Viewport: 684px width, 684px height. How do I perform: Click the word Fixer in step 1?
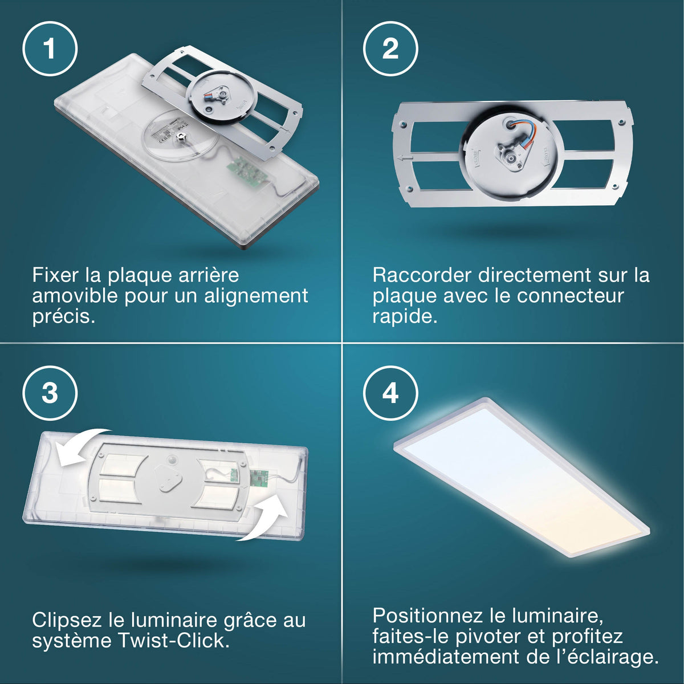(x=55, y=275)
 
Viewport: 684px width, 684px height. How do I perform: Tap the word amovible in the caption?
(x=75, y=295)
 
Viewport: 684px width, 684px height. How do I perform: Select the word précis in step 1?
(x=64, y=316)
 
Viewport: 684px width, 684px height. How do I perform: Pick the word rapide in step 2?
(x=405, y=316)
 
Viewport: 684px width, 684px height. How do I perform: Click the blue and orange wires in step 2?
(x=526, y=134)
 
